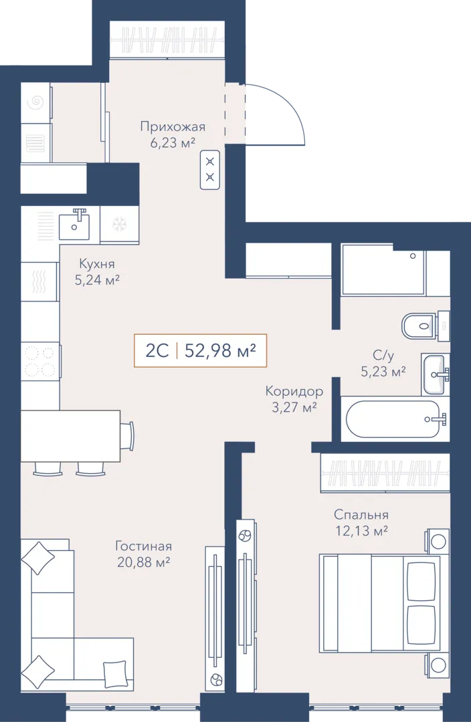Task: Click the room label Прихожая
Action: [x=173, y=126]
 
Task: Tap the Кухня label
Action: [x=97, y=264]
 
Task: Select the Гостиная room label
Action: [x=143, y=546]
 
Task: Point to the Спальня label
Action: [x=361, y=515]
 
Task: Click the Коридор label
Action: [x=294, y=391]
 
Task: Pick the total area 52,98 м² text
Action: [x=220, y=351]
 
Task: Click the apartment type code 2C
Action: [x=157, y=351]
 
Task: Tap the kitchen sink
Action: [x=74, y=224]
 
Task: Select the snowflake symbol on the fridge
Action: [x=120, y=224]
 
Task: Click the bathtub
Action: [x=393, y=419]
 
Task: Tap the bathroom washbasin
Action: [x=435, y=374]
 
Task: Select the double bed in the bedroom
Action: [x=380, y=604]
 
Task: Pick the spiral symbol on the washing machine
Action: [x=36, y=103]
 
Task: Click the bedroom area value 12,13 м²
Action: [x=361, y=531]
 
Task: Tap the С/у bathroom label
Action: [x=383, y=355]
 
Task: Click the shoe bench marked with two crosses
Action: [x=210, y=169]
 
